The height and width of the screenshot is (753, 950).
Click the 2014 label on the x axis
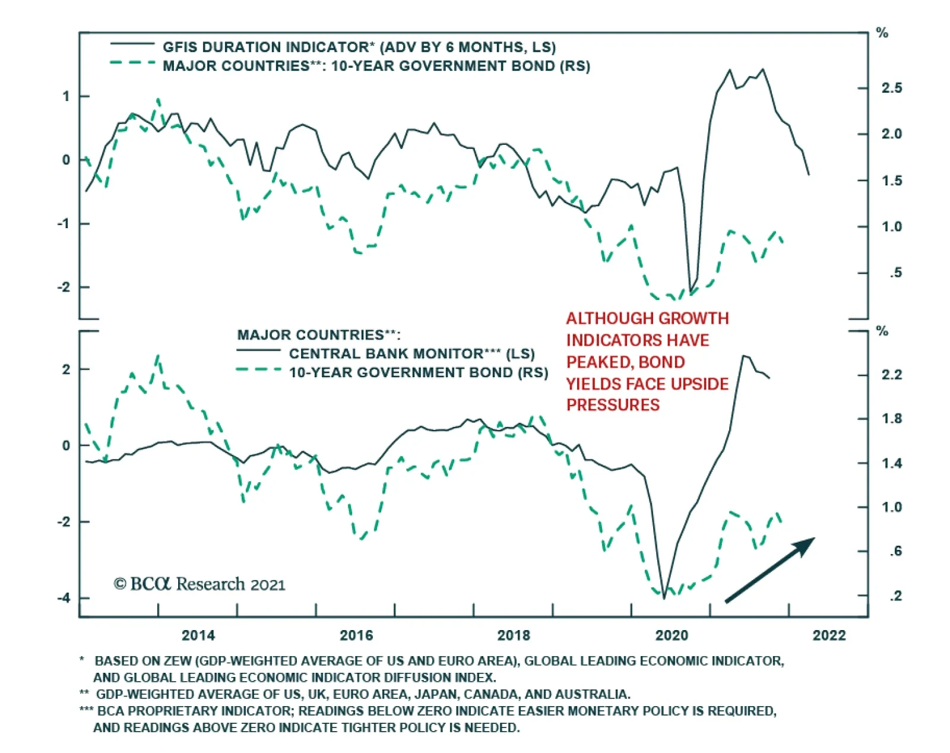tap(198, 635)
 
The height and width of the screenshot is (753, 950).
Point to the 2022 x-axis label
tap(829, 635)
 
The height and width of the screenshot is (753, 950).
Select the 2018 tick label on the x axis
tap(514, 635)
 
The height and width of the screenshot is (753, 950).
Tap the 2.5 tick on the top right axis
tap(891, 88)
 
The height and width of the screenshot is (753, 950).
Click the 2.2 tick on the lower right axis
tap(891, 375)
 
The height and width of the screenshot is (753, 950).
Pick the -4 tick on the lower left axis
tap(64, 597)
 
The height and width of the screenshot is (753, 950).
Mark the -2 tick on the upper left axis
tap(64, 287)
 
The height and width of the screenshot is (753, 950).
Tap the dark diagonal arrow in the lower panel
tap(769, 570)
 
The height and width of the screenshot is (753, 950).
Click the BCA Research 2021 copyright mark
tap(199, 584)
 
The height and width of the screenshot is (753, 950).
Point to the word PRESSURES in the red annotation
tap(613, 405)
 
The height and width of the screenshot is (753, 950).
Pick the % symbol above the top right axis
tap(882, 33)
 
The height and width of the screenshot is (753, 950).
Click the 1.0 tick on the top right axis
tap(891, 227)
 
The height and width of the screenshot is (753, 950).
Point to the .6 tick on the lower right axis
tap(895, 552)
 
